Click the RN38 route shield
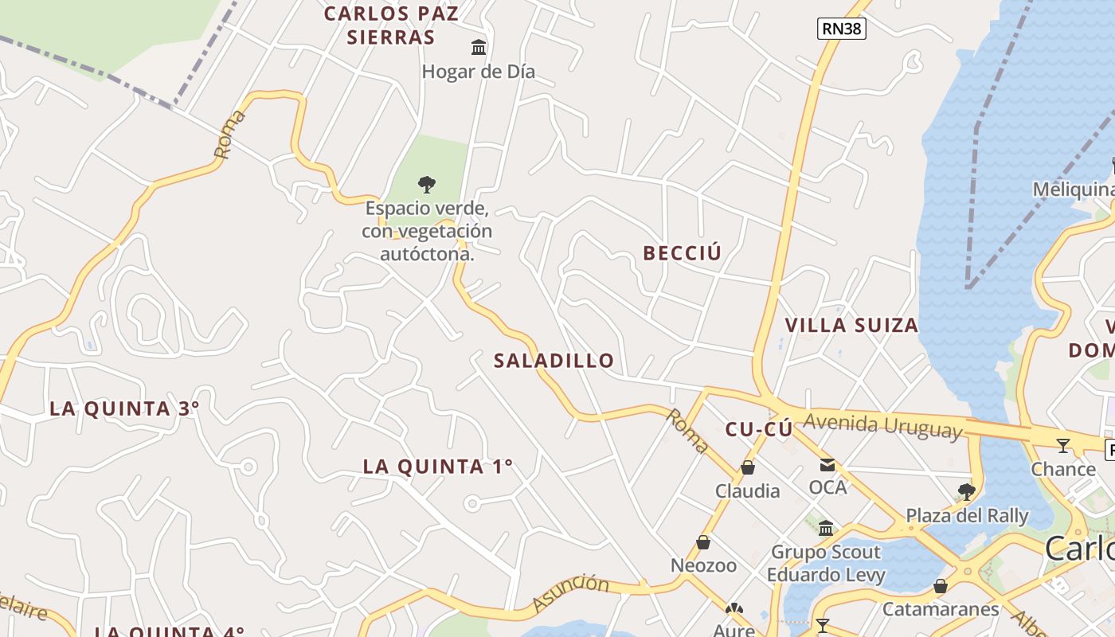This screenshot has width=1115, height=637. [x=842, y=29]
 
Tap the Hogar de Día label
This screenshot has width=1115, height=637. [x=478, y=72]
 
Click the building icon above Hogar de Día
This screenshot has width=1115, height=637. [x=479, y=48]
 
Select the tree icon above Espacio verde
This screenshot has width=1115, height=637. [x=427, y=185]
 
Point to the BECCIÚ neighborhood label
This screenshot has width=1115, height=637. [x=682, y=253]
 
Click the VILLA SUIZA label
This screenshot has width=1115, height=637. [x=851, y=325]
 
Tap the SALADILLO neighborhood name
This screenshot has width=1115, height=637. [x=554, y=361]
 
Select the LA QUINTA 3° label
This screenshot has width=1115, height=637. [x=124, y=408]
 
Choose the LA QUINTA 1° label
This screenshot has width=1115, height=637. [x=438, y=467]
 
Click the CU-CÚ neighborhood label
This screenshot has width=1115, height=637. [x=758, y=430]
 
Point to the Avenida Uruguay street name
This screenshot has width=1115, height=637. [x=882, y=425]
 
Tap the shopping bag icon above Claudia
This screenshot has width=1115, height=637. [x=748, y=467]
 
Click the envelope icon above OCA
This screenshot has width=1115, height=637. [x=827, y=464]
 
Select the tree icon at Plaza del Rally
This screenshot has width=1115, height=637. [x=967, y=491]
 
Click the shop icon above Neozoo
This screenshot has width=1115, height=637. [x=703, y=542]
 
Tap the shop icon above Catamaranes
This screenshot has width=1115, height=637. [x=941, y=586]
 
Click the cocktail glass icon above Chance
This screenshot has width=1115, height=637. [x=1063, y=445]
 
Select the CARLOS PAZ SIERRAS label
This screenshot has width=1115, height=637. [x=391, y=25]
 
